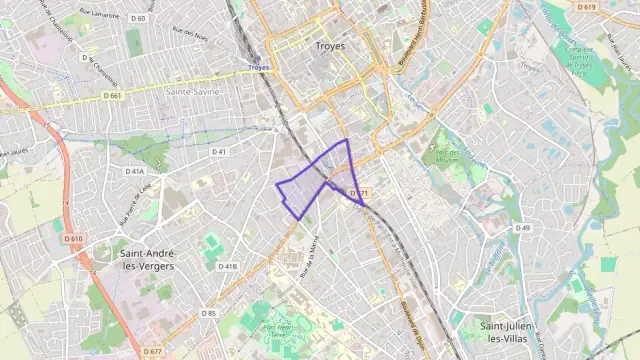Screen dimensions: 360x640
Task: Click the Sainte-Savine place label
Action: (x=193, y=91)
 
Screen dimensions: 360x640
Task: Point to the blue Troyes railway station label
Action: (x=259, y=68)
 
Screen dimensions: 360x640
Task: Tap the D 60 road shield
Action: (x=137, y=18)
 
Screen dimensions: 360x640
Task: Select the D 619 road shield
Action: (x=586, y=7)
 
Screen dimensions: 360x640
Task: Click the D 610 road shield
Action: (x=74, y=239)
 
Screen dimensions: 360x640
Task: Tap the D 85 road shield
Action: (x=209, y=313)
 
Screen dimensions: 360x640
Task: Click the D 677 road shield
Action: (x=152, y=352)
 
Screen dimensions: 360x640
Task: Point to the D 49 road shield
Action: (x=522, y=229)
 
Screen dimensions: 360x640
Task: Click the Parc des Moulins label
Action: (x=441, y=154)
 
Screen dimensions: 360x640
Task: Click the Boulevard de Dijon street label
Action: (x=412, y=316)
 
